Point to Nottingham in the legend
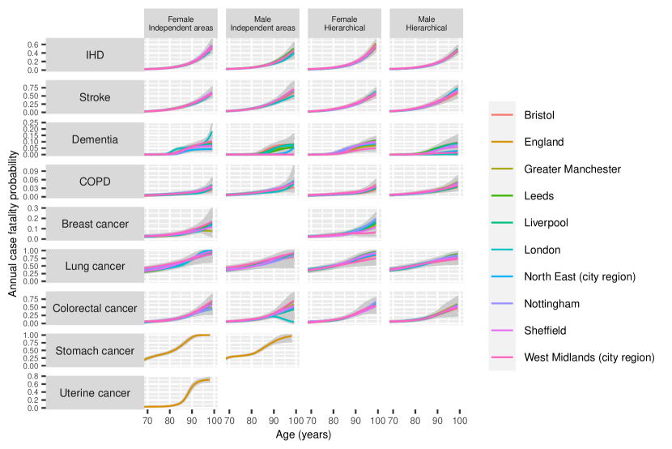pyautogui.click(x=551, y=303)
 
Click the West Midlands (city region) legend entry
pyautogui.click(x=589, y=357)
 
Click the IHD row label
pyautogui.click(x=96, y=55)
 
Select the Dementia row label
pyautogui.click(x=96, y=139)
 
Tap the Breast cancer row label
pyautogui.click(x=96, y=224)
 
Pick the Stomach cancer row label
pyautogui.click(x=96, y=350)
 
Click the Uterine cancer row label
pyautogui.click(x=96, y=392)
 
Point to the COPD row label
pyautogui.click(x=96, y=182)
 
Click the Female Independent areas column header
pyautogui.click(x=181, y=23)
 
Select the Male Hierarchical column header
pyautogui.click(x=425, y=23)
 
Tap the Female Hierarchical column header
pyautogui.click(x=343, y=23)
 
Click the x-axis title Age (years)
pyautogui.click(x=303, y=435)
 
